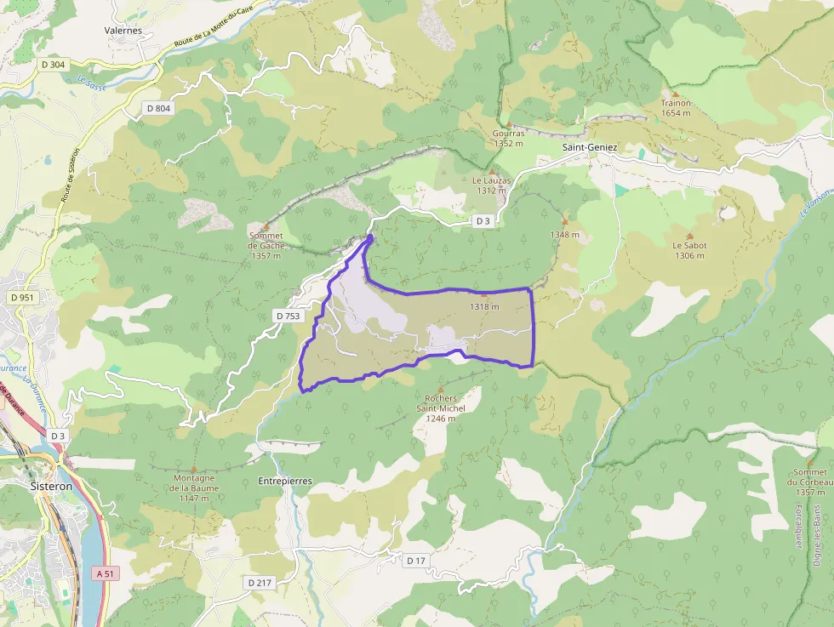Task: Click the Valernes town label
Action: point(123,30)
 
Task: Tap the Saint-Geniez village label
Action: point(590,147)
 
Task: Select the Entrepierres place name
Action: point(284,482)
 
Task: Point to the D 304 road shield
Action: point(53,64)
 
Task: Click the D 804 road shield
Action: point(158,108)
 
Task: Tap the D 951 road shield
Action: point(22,298)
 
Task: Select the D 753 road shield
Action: point(288,316)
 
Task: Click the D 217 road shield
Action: point(259,583)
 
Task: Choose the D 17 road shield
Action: point(415,560)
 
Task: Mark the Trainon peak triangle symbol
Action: point(676,94)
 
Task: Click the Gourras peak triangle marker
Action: point(509,124)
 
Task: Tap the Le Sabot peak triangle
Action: point(689,236)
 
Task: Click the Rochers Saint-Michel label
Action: point(441,408)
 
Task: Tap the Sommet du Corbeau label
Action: point(809,482)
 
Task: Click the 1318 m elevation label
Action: point(484,307)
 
